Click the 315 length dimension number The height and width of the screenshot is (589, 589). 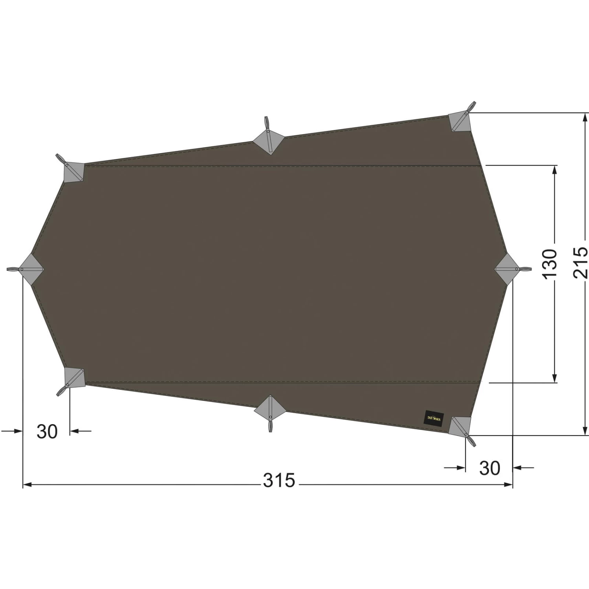click(279, 480)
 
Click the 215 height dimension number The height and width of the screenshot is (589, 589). click(580, 262)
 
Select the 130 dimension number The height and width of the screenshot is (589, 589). click(550, 262)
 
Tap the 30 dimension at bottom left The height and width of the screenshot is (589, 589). click(47, 432)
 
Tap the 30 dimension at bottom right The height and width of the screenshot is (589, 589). click(490, 468)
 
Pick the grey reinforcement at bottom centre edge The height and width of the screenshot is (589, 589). click(270, 408)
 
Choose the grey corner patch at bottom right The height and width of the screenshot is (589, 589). click(461, 426)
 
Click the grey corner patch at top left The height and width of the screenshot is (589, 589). click(73, 172)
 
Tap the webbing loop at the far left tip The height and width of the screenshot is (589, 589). click(13, 269)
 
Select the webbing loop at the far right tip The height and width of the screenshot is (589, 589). click(524, 269)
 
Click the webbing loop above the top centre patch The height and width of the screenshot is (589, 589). click(267, 122)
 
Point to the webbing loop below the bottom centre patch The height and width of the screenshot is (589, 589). click(270, 426)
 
